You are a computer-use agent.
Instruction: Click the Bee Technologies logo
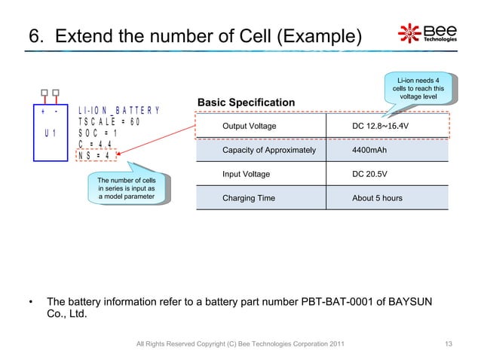[x=427, y=35]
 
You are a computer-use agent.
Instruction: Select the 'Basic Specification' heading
[x=245, y=102]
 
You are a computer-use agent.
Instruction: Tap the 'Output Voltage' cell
[x=249, y=126]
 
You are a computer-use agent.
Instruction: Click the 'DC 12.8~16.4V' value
[x=381, y=126]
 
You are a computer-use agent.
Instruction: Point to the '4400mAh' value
[x=369, y=151]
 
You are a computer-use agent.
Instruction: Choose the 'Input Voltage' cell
[x=246, y=174]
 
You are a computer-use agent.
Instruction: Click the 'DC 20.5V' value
[x=371, y=174]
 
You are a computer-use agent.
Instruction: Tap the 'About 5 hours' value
[x=377, y=198]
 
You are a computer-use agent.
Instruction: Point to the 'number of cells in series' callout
[x=126, y=188]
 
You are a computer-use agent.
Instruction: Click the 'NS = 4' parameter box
[x=97, y=157]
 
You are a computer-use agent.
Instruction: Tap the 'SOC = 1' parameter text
[x=98, y=134]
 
